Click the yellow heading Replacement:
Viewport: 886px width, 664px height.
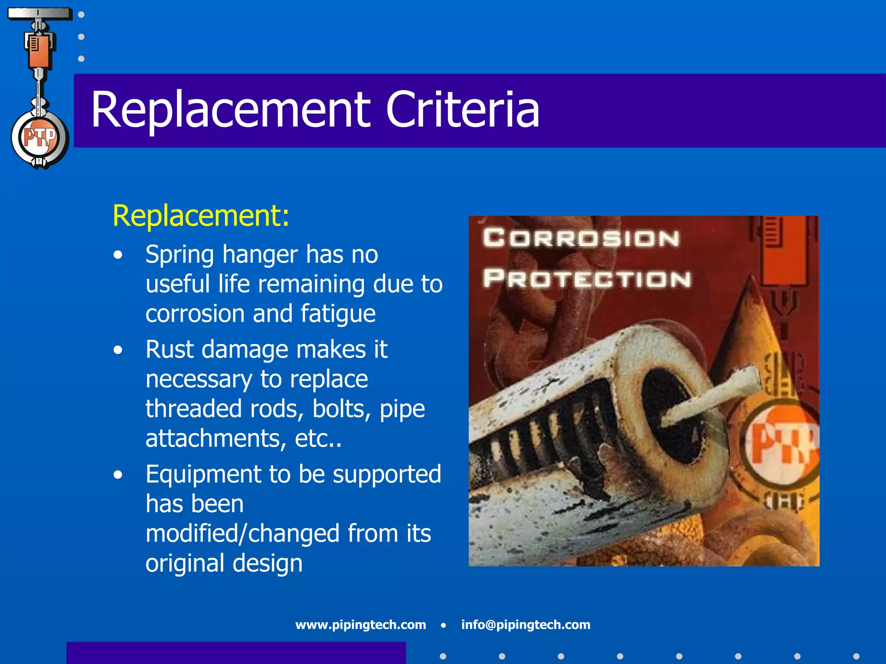pos(201,215)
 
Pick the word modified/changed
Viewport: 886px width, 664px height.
pos(243,533)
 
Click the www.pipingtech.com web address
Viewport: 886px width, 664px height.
pos(360,625)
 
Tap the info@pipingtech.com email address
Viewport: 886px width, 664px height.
pos(526,625)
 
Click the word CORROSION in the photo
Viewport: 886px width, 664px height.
pos(581,238)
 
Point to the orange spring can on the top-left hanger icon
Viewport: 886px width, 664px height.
pos(39,52)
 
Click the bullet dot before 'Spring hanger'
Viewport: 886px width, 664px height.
pos(118,255)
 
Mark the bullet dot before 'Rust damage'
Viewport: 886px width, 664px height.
pos(118,350)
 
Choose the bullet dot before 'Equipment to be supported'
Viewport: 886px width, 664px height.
pos(118,475)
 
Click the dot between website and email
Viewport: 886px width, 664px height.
pos(443,625)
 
